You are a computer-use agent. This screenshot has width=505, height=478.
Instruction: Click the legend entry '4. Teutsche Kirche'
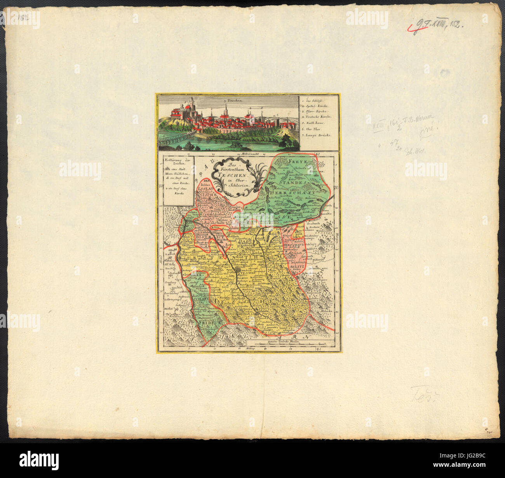coord(317,116)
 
